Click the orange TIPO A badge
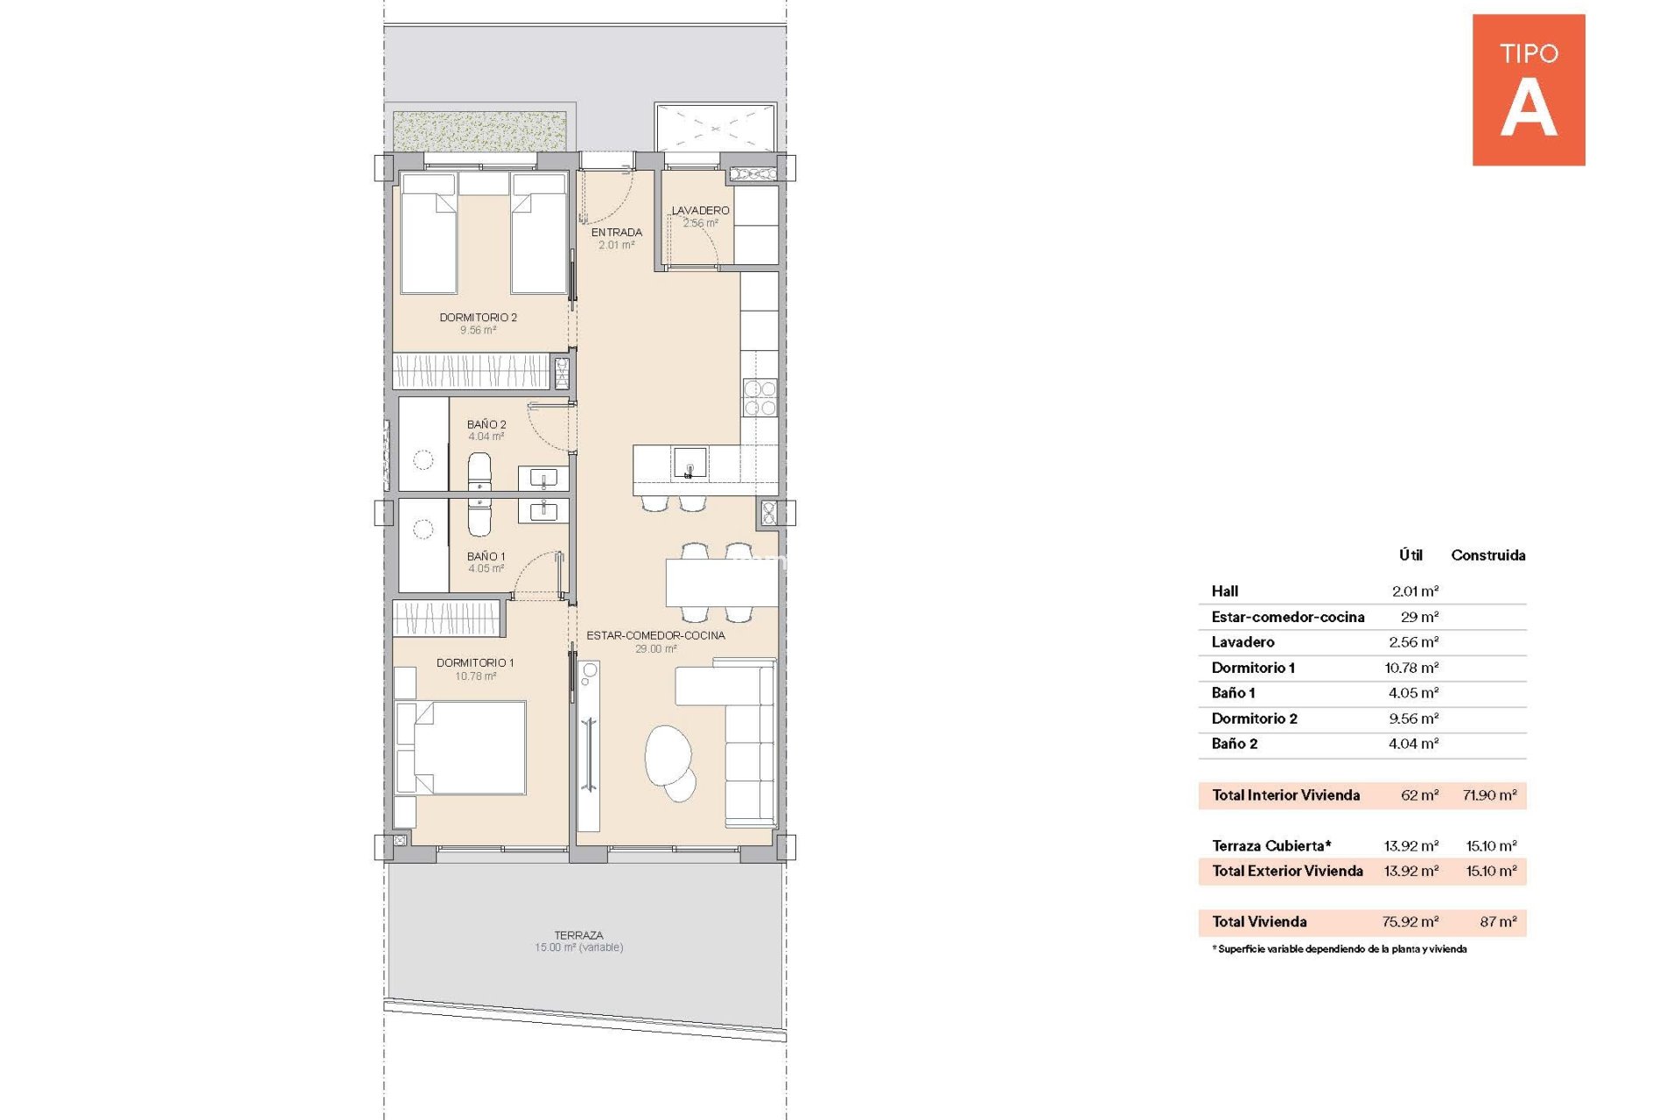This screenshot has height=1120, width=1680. pyautogui.click(x=1528, y=89)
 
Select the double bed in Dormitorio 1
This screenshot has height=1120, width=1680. pyautogui.click(x=460, y=747)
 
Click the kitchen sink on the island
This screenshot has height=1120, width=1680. pyautogui.click(x=689, y=462)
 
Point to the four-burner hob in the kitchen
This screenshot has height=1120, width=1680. pyautogui.click(x=759, y=397)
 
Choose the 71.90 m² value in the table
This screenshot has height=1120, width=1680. pyautogui.click(x=1489, y=795)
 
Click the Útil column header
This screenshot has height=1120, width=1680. pyautogui.click(x=1410, y=555)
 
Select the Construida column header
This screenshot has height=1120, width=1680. pyautogui.click(x=1488, y=555)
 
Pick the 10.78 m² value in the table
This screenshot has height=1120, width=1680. pyautogui.click(x=1411, y=668)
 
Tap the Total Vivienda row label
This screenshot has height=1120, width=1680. pyautogui.click(x=1259, y=921)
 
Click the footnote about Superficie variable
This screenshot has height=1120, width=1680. pyautogui.click(x=1340, y=948)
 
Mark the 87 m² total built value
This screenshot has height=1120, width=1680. pyautogui.click(x=1498, y=921)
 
